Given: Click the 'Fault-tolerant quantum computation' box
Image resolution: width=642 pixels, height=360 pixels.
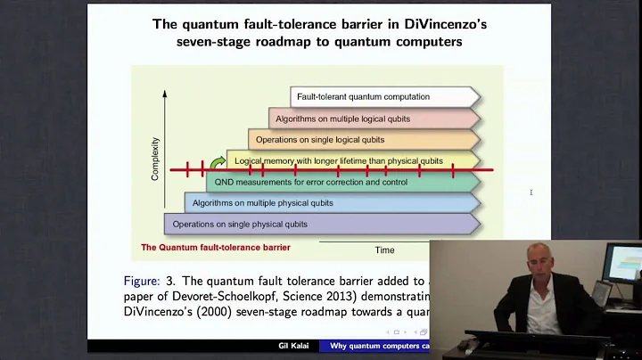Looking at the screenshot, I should coord(383,96).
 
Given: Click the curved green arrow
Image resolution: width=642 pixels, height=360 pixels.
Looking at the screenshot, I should coord(217,160).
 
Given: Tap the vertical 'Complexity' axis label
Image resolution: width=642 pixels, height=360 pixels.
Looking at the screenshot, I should coord(155,159).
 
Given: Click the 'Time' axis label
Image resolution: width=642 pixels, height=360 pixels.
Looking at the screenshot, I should coord(384,250).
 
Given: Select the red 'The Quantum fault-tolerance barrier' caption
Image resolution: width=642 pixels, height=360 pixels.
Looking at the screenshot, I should coord(216,248).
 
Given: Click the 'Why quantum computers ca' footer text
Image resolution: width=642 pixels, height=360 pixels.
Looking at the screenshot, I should coord(380,346).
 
